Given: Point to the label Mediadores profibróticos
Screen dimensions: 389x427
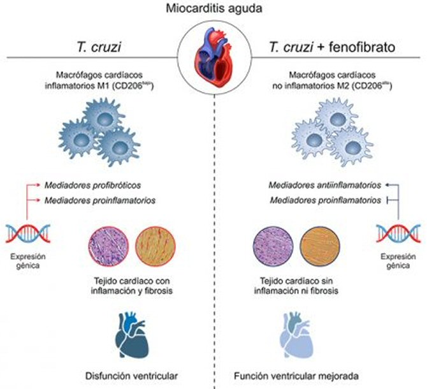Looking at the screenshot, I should pos(93,185).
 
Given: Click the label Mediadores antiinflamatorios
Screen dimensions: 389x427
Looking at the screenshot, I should pos(324,185).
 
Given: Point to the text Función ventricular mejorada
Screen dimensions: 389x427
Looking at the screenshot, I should pos(299,374).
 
